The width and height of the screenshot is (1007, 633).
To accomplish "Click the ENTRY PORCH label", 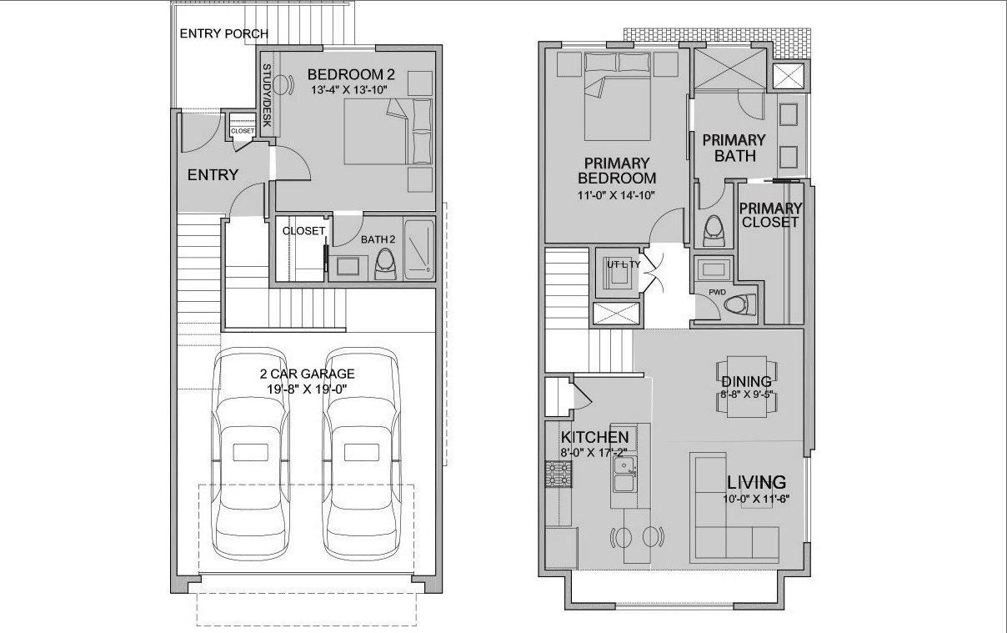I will coord(223,34).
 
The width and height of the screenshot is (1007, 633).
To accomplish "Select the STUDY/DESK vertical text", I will coord(268,97).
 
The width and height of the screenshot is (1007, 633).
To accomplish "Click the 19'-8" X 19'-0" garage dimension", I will coord(306,388).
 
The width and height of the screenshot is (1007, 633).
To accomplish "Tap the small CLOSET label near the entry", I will coord(243,131).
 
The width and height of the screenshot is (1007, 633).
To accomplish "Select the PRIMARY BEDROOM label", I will coord(617,170).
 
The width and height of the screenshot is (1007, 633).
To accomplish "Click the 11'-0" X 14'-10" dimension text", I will coord(617,195).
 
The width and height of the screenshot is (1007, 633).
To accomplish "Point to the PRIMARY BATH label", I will coord(734,148).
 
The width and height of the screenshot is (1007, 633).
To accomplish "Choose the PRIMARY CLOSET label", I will coord(770,214).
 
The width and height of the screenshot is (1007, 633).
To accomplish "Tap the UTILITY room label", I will coord(623,264).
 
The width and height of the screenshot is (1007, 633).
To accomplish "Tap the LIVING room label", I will coord(756,482).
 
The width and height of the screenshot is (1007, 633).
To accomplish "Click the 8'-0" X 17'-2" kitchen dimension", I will coord(594,453).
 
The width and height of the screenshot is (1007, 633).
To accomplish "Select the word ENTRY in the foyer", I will coord(213,175).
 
